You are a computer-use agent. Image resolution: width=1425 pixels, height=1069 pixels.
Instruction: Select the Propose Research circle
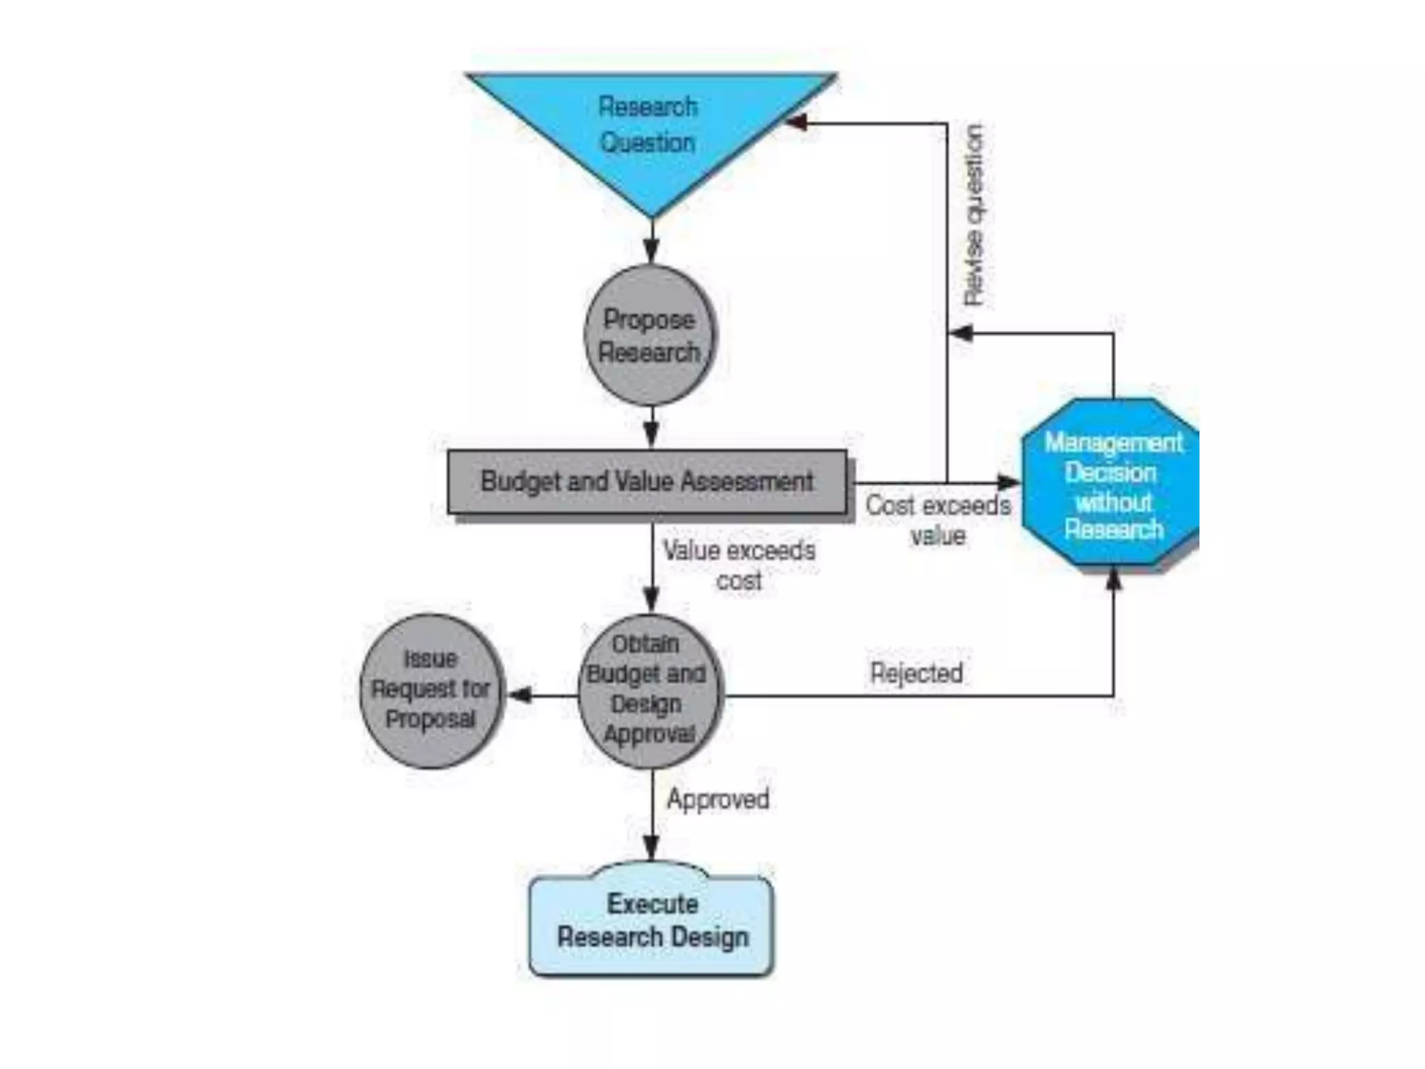coord(649,335)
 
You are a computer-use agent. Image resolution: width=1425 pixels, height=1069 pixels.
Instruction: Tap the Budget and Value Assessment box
coord(647,482)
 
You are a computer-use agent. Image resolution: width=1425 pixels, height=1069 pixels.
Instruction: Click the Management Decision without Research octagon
coord(1112,486)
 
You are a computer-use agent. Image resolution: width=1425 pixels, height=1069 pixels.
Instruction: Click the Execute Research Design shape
coord(652,920)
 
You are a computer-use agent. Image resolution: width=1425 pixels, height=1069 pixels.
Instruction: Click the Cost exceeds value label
coord(937,520)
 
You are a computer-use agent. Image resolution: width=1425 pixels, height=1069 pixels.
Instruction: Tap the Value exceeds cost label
coord(739,564)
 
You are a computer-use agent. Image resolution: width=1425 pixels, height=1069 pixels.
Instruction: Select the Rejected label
coord(916,673)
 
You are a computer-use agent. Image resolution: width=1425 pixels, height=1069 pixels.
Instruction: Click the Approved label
coord(718,799)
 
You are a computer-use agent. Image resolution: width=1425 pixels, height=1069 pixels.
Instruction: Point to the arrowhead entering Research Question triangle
coord(797,123)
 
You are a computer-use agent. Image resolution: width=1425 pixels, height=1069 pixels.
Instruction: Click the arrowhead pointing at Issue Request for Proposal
coord(520,695)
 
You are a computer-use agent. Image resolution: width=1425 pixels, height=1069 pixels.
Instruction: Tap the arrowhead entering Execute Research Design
coord(651,848)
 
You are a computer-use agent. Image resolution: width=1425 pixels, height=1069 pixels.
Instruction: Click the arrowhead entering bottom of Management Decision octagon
coord(1113,579)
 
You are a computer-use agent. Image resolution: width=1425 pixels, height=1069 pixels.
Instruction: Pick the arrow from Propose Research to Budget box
coord(651,427)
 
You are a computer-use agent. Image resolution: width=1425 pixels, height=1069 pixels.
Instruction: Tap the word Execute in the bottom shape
coord(652,903)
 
